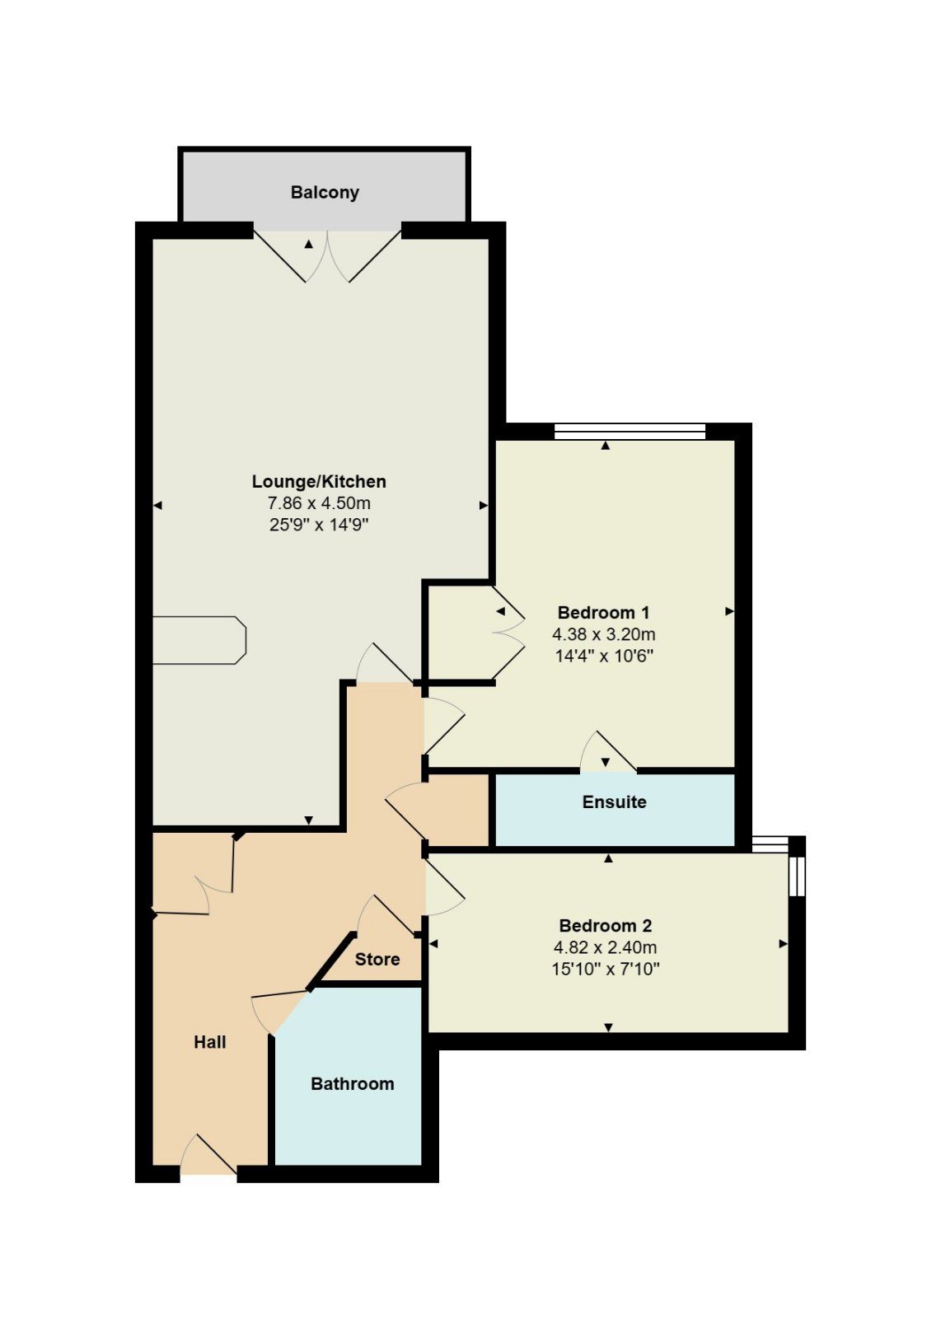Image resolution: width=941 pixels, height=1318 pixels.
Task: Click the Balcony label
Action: coord(325,193)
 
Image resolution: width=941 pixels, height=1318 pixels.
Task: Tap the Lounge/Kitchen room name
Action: coord(319,482)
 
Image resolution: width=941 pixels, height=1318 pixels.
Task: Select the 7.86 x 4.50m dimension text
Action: coord(319,503)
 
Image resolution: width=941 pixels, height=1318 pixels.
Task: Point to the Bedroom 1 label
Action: coord(603,613)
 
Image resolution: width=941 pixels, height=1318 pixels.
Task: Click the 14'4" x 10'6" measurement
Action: coord(603,657)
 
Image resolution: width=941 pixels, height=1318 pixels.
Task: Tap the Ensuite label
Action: coord(614,802)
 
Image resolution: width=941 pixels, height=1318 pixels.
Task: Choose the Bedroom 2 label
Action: coord(605,926)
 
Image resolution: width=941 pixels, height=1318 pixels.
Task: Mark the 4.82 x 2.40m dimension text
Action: coord(605,948)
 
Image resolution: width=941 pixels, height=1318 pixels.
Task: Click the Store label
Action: coord(377,960)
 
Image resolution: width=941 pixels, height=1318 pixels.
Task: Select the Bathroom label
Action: coord(352,1084)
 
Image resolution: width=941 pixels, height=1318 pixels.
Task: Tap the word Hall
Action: coord(209,1043)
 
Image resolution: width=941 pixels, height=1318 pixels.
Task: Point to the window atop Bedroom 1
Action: coord(630,431)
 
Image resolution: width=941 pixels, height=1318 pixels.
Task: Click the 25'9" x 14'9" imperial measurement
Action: coord(319,526)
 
